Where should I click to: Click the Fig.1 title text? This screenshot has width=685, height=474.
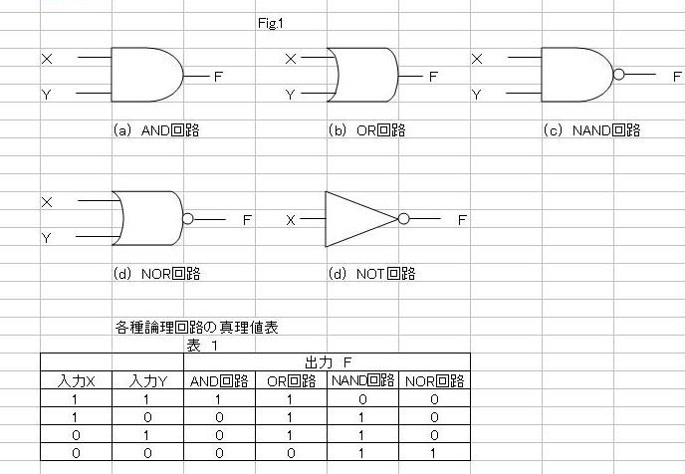tap(271, 23)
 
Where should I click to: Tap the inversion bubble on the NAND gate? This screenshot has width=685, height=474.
tap(618, 75)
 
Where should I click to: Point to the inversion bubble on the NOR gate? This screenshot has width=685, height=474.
tap(188, 218)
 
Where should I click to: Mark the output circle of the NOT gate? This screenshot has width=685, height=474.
tap(403, 218)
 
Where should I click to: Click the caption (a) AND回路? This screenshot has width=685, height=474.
tap(156, 130)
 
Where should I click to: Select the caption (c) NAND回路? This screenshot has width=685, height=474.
tap(592, 130)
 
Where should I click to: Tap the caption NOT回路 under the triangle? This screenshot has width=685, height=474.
tap(385, 274)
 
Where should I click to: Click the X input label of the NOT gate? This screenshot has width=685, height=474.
tap(291, 220)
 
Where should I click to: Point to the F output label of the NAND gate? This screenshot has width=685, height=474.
tap(677, 77)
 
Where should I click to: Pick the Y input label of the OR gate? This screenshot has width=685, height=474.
tap(290, 95)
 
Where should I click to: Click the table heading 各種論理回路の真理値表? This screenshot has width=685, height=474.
tap(196, 328)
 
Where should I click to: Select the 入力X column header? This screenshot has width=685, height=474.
tap(76, 381)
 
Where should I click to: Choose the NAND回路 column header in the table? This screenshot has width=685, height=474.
tap(362, 380)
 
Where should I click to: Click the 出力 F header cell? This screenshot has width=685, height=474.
tap(328, 362)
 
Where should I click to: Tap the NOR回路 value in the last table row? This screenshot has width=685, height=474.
tap(433, 453)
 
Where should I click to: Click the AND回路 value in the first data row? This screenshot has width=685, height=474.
tap(218, 399)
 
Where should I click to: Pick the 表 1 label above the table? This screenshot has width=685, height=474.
tap(202, 346)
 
